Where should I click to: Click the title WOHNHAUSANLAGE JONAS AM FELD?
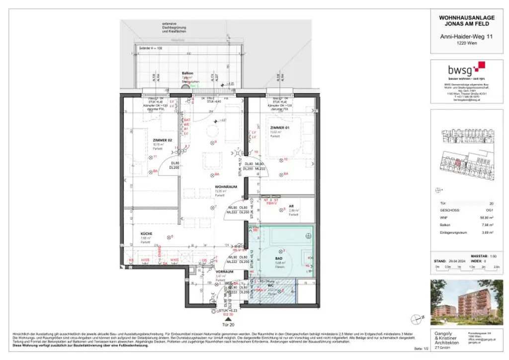coord(466,20)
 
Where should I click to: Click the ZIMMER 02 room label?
coord(162,141)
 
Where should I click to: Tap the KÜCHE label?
coord(146,234)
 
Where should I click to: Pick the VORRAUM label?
coord(224,272)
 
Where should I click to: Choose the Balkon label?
coord(187,73)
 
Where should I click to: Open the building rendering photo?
coord(466,300)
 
